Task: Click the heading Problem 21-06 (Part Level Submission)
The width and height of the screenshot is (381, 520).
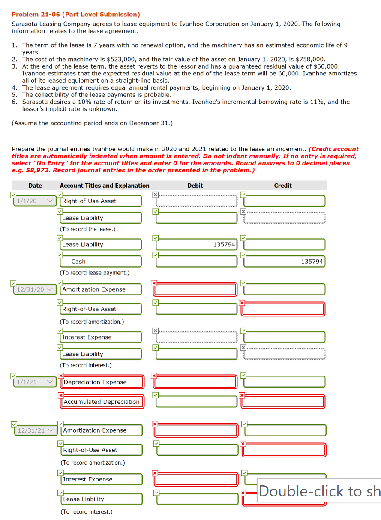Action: [x=76, y=15]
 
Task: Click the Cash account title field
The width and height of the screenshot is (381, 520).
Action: [x=101, y=262]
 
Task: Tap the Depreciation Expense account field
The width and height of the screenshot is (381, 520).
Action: [x=102, y=382]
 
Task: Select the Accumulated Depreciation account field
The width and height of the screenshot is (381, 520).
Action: [x=102, y=402]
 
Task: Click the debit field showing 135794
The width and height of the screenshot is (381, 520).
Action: [x=196, y=244]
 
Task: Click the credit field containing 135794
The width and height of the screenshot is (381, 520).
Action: [x=285, y=262]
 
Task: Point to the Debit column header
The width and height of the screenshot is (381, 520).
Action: [x=195, y=186]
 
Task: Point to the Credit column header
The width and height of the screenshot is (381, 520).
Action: [x=283, y=186]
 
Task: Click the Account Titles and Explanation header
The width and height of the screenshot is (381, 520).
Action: [x=105, y=186]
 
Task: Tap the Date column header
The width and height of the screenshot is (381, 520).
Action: [x=35, y=186]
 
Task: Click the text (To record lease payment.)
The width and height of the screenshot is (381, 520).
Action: [x=94, y=273]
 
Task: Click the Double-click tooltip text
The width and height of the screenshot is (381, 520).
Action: [x=319, y=491]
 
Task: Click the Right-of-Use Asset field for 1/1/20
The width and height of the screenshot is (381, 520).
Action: [x=101, y=201]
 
